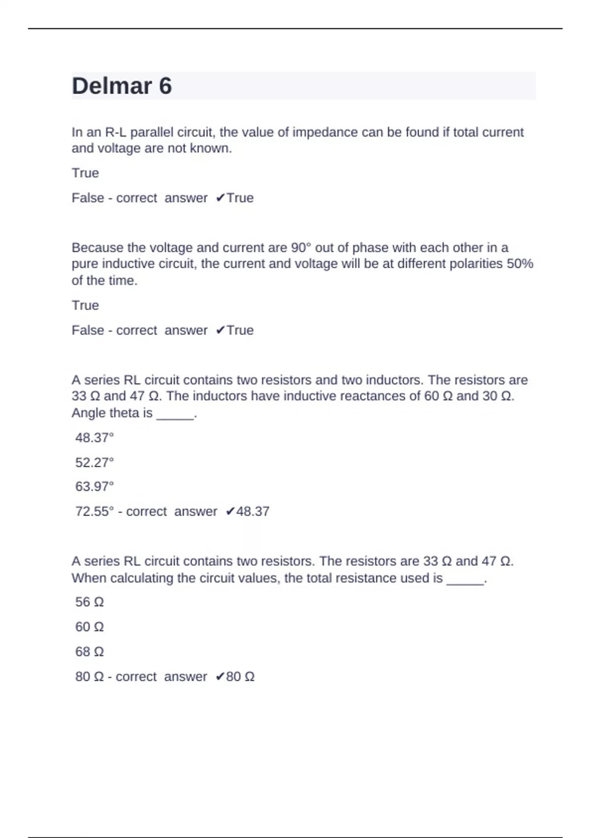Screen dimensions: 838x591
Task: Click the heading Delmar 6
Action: pyautogui.click(x=122, y=86)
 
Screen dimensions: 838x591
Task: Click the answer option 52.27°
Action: pyautogui.click(x=95, y=462)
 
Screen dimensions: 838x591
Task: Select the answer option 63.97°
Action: pyautogui.click(x=95, y=487)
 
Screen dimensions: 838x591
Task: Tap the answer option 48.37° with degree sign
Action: pyautogui.click(x=95, y=438)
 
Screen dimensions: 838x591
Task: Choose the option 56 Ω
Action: pyautogui.click(x=90, y=602)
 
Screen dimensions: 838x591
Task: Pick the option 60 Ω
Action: pyautogui.click(x=90, y=627)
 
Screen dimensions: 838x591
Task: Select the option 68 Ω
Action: pyautogui.click(x=90, y=652)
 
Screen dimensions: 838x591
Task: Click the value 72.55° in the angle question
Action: pyautogui.click(x=95, y=511)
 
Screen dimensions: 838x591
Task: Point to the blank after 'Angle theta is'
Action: pyautogui.click(x=175, y=414)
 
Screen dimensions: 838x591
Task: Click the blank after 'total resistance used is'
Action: pyautogui.click(x=465, y=579)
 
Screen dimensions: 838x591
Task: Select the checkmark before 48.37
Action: pyautogui.click(x=230, y=512)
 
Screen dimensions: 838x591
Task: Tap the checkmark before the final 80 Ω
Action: pyautogui.click(x=220, y=677)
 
